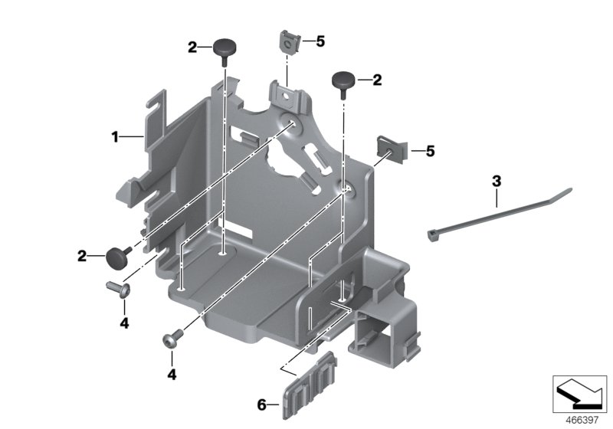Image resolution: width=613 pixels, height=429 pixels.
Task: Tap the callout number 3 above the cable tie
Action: point(497,182)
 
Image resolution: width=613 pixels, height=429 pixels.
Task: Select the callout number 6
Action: point(261,404)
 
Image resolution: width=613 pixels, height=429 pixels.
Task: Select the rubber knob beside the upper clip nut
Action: point(342,80)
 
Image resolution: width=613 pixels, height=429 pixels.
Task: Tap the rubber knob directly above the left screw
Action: point(119,257)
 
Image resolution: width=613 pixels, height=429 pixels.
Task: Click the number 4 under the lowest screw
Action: point(172,376)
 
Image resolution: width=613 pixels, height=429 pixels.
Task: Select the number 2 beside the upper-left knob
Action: point(192,47)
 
